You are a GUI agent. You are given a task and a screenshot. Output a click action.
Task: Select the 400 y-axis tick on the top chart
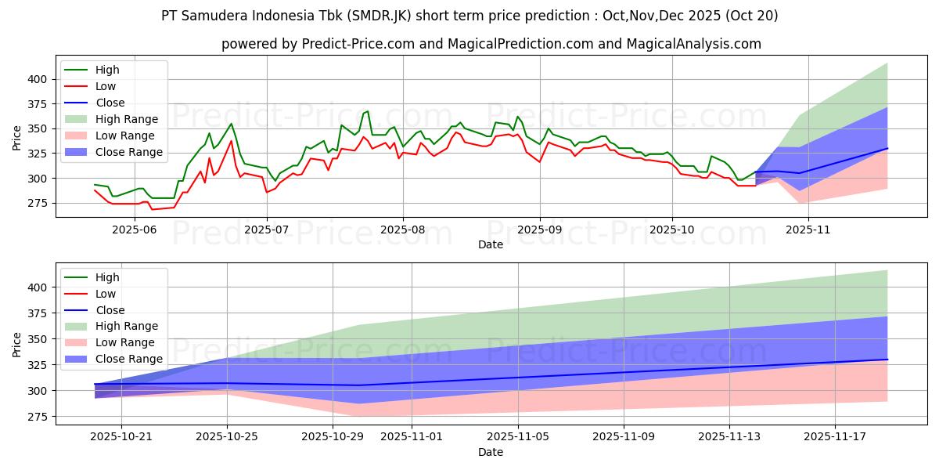[x=36, y=79]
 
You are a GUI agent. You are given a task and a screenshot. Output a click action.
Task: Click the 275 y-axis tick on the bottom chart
[x=36, y=417]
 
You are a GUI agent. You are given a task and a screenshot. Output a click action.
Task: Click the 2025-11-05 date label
[x=518, y=436]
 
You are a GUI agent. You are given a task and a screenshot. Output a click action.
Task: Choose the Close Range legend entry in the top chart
[x=129, y=152]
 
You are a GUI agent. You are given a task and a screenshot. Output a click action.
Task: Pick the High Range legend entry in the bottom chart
[x=127, y=326]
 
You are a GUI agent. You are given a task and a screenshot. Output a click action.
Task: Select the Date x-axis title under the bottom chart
[x=491, y=452]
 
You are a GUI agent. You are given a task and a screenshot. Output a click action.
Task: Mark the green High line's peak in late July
[x=367, y=111]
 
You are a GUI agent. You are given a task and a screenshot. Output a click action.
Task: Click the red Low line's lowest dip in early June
[x=153, y=209]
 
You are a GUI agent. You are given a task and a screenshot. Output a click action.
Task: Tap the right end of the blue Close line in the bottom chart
[x=887, y=359]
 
